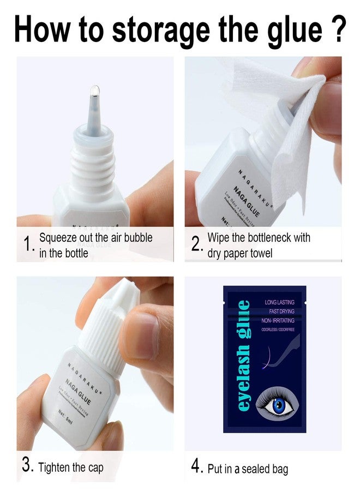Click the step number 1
click(28, 246)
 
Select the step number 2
click(196, 246)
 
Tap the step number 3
click(28, 466)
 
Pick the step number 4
click(197, 466)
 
